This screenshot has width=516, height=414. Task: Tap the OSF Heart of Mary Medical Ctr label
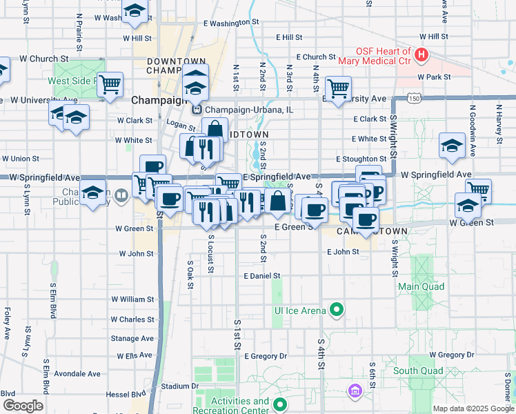click(x=384, y=56)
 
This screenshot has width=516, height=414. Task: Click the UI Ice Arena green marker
click(x=337, y=310)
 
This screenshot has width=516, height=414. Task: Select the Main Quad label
click(x=421, y=286)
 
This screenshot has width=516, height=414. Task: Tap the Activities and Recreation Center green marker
click(x=279, y=405)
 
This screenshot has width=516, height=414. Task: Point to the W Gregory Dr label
click(x=452, y=355)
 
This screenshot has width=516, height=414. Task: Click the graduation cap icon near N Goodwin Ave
click(x=452, y=145)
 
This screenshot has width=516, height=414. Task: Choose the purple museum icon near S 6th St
click(x=355, y=391)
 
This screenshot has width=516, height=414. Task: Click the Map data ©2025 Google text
click(x=473, y=408)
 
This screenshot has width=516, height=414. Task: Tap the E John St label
click(x=344, y=252)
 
